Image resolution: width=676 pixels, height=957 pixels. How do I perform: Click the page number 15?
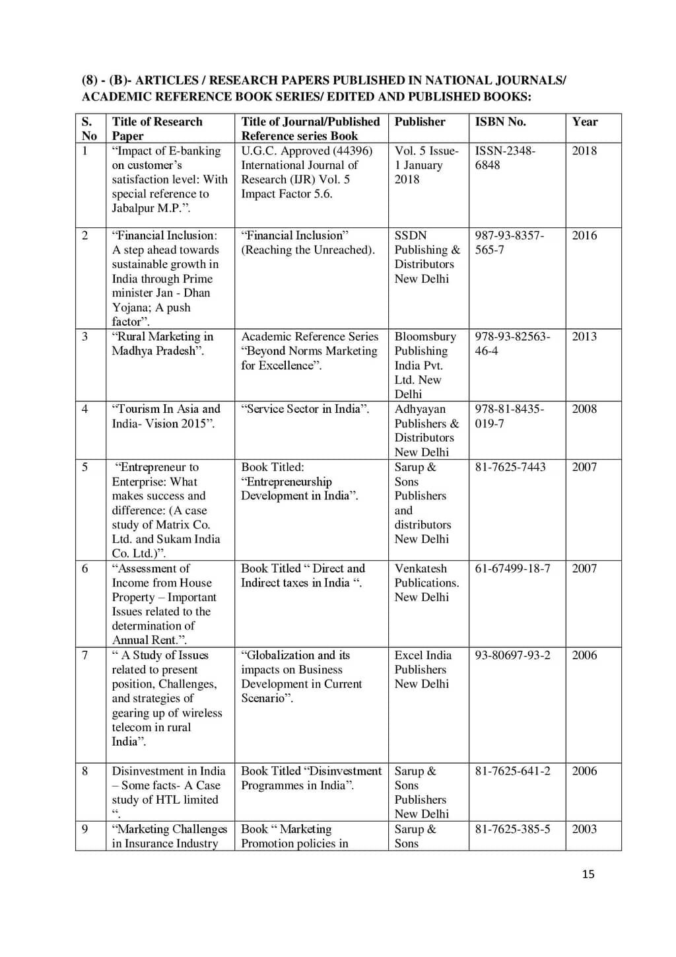pyautogui.click(x=588, y=874)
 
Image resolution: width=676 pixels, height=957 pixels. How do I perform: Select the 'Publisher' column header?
pyautogui.click(x=420, y=122)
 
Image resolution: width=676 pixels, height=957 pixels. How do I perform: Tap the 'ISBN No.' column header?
pyautogui.click(x=500, y=122)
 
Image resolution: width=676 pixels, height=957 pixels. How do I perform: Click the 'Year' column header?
pyautogui.click(x=585, y=122)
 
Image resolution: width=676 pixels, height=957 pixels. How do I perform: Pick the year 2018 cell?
pyautogui.click(x=584, y=151)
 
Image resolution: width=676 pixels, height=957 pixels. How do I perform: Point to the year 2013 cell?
pyautogui.click(x=584, y=336)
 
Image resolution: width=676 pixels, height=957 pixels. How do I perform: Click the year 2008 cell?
pyautogui.click(x=584, y=409)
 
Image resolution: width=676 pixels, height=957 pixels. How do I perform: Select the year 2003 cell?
pyautogui.click(x=584, y=829)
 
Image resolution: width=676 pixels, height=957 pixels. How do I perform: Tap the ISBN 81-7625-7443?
pyautogui.click(x=510, y=467)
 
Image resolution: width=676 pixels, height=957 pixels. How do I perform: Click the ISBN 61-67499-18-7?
pyautogui.click(x=512, y=568)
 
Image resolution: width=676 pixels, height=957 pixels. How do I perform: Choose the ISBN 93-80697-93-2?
pyautogui.click(x=512, y=655)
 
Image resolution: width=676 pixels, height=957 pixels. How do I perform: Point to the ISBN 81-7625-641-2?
pyautogui.click(x=512, y=771)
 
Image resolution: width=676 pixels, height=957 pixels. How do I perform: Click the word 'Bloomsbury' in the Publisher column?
pyautogui.click(x=425, y=336)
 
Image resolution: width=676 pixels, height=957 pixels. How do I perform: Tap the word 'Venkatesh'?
pyautogui.click(x=421, y=568)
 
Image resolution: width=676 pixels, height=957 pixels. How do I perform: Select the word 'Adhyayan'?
pyautogui.click(x=420, y=409)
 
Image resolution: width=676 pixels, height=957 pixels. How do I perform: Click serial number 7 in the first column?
pyautogui.click(x=84, y=655)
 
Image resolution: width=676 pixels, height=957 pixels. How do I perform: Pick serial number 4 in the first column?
pyautogui.click(x=84, y=409)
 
